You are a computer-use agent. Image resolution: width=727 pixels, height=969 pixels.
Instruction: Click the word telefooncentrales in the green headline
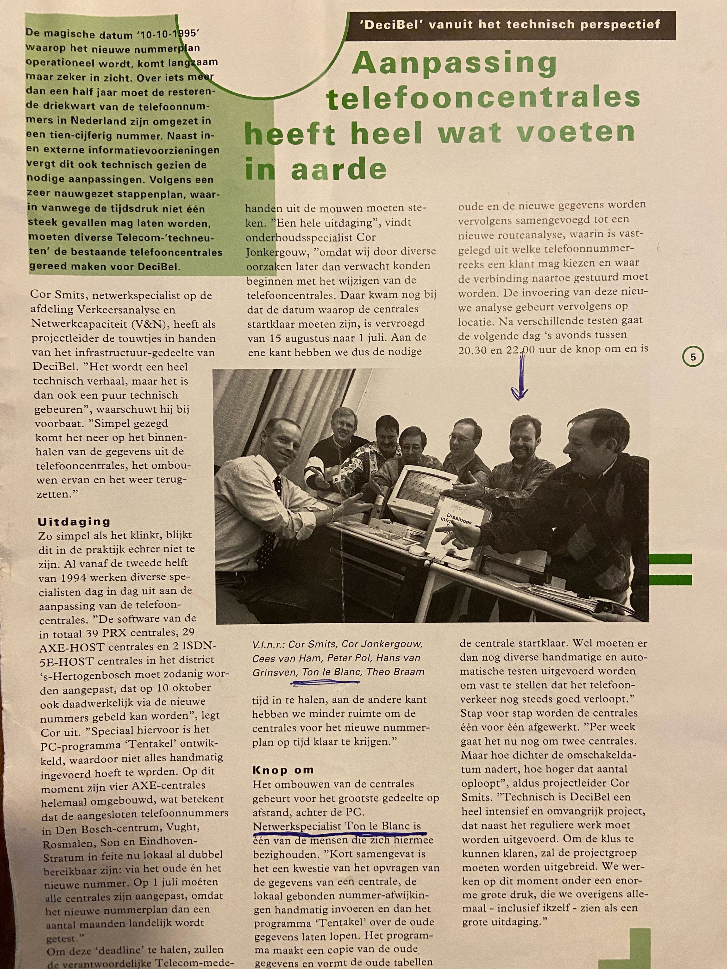[483, 99]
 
